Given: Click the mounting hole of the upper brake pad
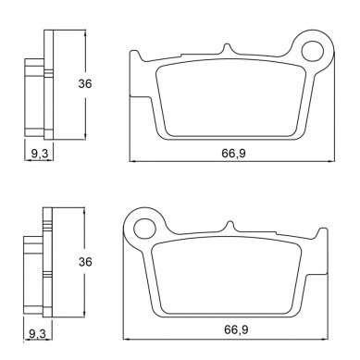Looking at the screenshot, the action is coord(313,51).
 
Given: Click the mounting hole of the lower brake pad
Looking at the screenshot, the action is coord(144,229).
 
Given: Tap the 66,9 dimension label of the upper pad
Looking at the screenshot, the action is coord(233,153).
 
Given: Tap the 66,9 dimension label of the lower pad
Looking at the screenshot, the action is coord(236,329).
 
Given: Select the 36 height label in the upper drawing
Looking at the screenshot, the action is coord(85,83).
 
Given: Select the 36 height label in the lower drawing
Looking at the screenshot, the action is coord(85,262).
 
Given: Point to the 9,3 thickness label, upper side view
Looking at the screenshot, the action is coord(40,153).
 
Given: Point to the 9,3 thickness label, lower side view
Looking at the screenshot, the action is coord(37,333).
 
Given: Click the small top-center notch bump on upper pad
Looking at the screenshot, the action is coord(228,48).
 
